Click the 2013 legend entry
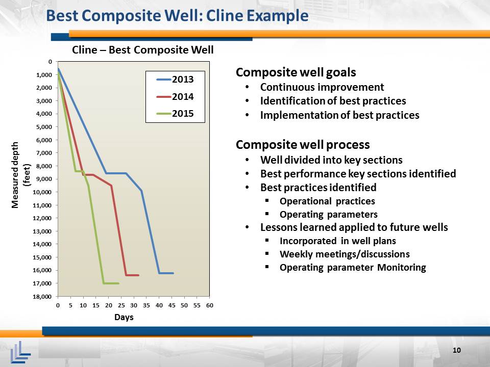175,80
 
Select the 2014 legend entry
175,97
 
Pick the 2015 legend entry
175,114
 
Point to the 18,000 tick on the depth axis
42,297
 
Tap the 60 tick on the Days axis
209,305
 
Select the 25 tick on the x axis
121,305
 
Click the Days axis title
124,318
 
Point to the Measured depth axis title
20,175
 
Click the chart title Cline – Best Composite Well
142,50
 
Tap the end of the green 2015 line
118,283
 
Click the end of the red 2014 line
138,275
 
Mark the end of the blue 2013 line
173,273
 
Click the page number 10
456,350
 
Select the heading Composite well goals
296,72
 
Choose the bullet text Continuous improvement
322,87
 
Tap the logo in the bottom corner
20,352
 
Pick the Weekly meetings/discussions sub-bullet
345,254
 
